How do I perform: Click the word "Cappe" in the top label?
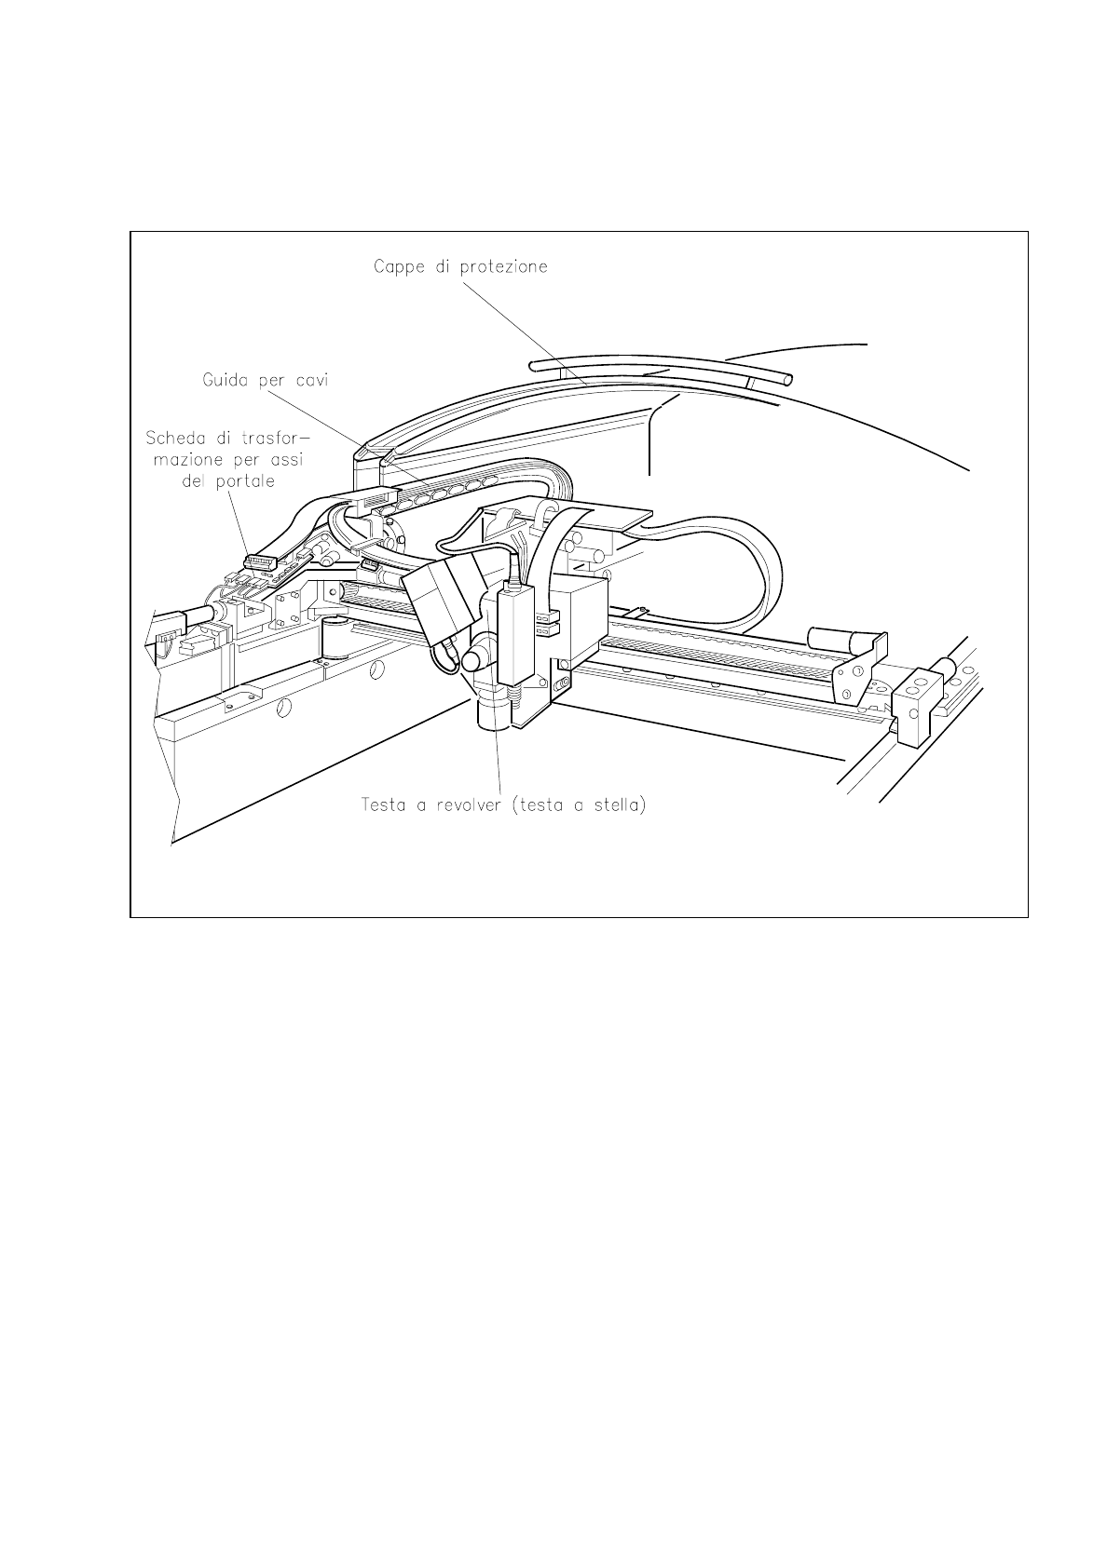tap(397, 266)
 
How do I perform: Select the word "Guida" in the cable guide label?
tap(226, 380)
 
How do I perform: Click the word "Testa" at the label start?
tap(384, 804)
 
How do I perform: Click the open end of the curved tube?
tap(787, 380)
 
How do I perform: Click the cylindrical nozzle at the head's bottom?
tap(494, 715)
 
